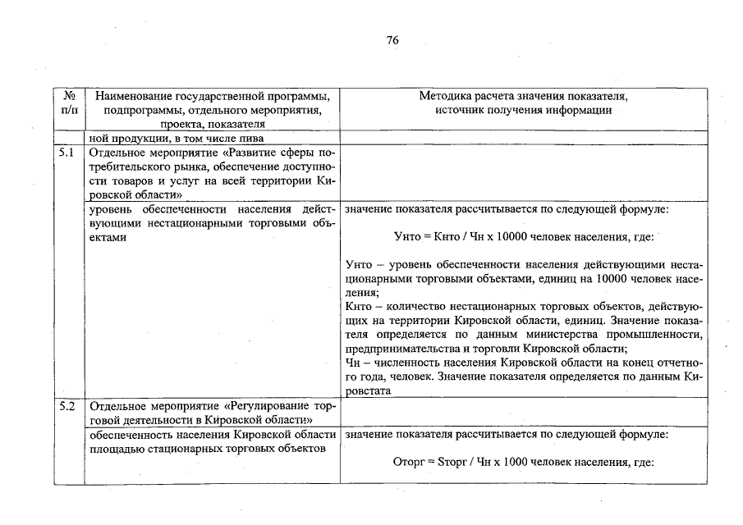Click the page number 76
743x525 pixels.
point(392,42)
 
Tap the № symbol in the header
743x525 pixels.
point(69,96)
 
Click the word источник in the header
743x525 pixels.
point(468,110)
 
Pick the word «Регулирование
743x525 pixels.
point(271,406)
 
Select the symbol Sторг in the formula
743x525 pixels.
point(456,462)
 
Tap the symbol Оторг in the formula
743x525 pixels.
point(411,462)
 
